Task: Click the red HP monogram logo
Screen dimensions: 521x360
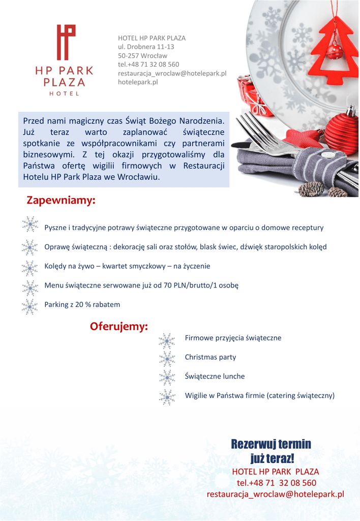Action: point(66,42)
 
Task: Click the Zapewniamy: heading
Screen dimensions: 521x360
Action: point(61,201)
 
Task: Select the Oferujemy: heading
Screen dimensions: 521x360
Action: point(119,326)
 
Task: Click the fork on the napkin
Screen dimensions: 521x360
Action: point(269,135)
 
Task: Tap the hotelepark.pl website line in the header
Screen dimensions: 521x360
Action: point(138,81)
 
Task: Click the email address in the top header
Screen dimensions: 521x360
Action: point(172,73)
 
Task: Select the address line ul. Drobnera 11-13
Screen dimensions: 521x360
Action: point(146,47)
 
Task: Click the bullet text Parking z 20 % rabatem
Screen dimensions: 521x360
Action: point(82,305)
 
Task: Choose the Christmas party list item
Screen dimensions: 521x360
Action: point(211,357)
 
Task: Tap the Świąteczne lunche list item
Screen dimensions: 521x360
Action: point(215,377)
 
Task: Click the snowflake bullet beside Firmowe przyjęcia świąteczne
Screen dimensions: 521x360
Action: point(166,340)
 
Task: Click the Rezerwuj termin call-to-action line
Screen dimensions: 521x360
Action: point(271,444)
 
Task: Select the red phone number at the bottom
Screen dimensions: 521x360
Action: point(276,483)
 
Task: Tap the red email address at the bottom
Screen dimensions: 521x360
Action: point(275,494)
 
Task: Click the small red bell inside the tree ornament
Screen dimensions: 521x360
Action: point(334,50)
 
